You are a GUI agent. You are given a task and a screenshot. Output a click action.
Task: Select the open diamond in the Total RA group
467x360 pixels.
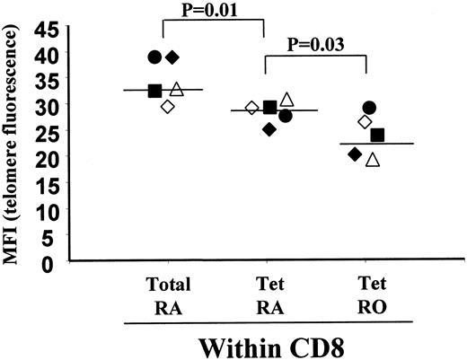[168, 107]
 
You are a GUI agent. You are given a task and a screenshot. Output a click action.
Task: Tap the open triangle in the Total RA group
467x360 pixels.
[177, 89]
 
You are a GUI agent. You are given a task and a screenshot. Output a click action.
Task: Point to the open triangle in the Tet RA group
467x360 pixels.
[286, 99]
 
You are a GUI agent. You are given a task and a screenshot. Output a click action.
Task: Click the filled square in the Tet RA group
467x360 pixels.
[269, 108]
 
